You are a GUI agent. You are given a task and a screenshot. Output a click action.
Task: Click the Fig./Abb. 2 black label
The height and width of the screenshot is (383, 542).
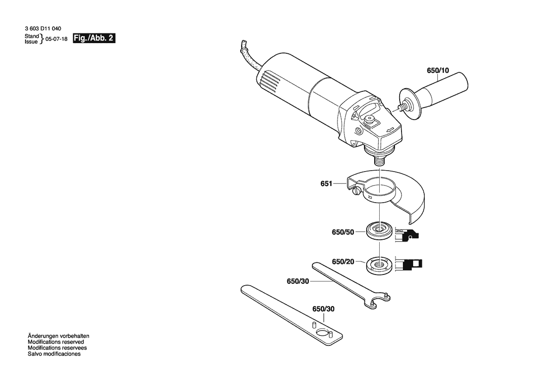[94, 38]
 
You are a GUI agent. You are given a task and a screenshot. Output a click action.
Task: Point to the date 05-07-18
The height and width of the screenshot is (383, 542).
[57, 39]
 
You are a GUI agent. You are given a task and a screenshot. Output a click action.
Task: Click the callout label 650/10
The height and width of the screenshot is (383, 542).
[438, 70]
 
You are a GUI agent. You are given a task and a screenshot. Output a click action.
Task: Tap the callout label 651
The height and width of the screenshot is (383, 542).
[326, 184]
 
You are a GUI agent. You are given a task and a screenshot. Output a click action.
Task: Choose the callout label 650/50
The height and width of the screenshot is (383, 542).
[343, 232]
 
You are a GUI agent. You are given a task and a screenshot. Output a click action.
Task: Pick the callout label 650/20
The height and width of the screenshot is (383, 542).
[343, 262]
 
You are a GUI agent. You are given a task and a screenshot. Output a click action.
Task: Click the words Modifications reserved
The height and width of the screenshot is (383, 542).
[56, 342]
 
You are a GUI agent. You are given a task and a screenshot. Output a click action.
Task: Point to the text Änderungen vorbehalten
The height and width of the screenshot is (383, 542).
[58, 336]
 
